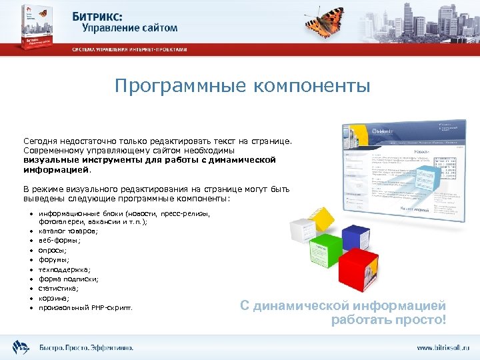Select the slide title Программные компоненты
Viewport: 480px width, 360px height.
tap(241, 86)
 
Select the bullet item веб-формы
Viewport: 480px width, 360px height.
tap(60, 240)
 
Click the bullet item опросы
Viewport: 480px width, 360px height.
tap(53, 250)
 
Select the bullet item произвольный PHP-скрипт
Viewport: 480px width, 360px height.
tap(85, 308)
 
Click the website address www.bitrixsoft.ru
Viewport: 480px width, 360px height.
tap(443, 347)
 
